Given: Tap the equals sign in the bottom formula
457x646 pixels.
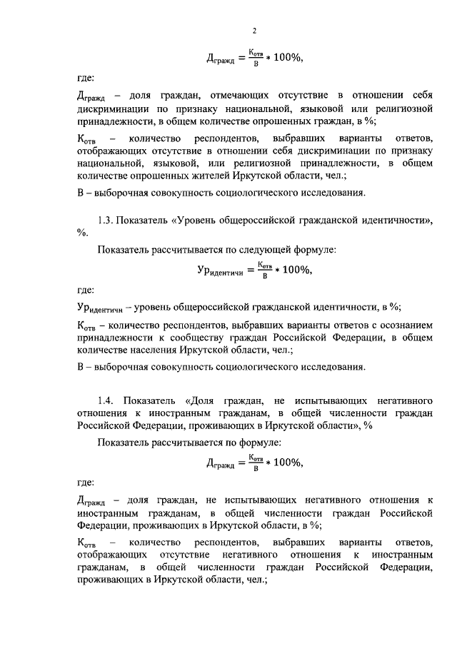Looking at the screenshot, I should [239, 464].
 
